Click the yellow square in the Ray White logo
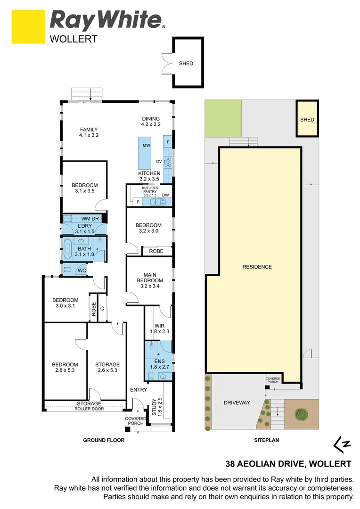[28, 26]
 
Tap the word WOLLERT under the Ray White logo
[74, 39]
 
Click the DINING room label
[151, 122]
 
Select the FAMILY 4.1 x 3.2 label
[89, 132]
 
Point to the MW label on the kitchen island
[147, 146]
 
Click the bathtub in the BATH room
[67, 249]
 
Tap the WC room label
[82, 271]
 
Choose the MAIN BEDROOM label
[150, 280]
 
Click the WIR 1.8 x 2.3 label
[159, 328]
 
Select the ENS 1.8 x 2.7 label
[159, 364]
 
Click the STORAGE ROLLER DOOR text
[89, 406]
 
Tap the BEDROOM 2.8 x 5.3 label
[65, 367]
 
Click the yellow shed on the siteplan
[307, 118]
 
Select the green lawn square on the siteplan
[223, 118]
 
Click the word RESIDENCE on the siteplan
[257, 267]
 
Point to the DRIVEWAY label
[237, 402]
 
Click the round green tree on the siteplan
[302, 415]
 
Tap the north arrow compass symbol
[342, 444]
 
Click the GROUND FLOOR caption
[104, 440]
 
